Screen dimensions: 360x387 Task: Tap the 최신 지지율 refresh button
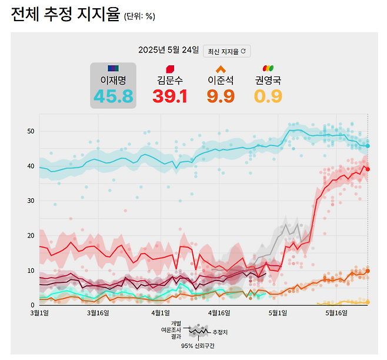227,51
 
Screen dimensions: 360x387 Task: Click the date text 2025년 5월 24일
169,51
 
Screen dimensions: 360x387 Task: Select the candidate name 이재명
113,79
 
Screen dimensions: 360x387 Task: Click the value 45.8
113,96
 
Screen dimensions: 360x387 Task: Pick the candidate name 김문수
170,79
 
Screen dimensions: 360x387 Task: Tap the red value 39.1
170,96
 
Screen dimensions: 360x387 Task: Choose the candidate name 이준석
221,79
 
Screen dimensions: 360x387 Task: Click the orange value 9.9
221,96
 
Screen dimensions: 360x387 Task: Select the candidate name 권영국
268,79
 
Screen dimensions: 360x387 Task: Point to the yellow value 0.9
268,96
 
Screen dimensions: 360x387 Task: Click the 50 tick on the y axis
31,131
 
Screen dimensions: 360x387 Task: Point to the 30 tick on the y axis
31,201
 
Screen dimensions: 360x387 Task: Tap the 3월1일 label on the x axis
39,312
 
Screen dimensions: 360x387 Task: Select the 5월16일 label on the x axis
337,312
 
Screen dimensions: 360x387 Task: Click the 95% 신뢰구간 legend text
198,346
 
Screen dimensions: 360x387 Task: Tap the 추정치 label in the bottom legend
219,332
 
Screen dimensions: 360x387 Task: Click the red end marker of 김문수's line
368,169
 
